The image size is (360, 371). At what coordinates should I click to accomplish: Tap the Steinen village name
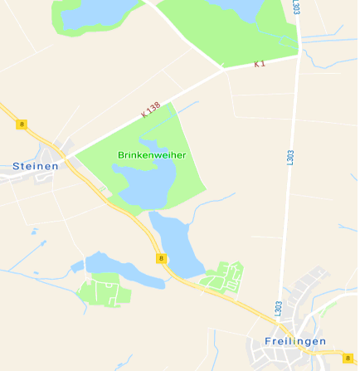(x=36, y=166)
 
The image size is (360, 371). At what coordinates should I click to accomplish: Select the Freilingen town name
(x=295, y=341)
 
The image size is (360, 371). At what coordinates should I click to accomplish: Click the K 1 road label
(x=260, y=63)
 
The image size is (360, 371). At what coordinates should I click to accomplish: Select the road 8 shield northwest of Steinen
(x=22, y=124)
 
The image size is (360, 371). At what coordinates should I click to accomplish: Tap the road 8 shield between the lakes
(x=161, y=259)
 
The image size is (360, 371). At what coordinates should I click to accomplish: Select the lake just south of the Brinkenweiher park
(x=178, y=241)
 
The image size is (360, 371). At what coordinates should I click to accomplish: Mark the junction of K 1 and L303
(x=297, y=56)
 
